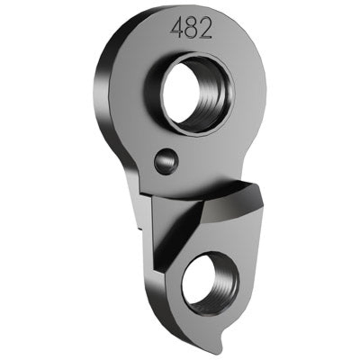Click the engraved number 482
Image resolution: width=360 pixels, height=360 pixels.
[x=191, y=29]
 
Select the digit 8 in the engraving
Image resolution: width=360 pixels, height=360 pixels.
[x=191, y=29]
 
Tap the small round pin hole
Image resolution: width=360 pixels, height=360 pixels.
[x=166, y=161]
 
